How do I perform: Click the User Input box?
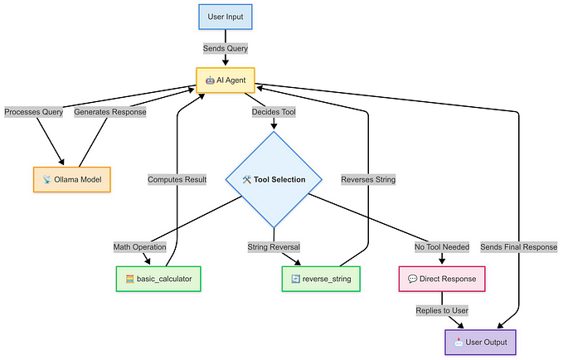point(226,17)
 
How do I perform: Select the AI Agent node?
point(226,80)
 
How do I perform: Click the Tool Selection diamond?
point(274,179)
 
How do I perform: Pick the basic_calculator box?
point(158,279)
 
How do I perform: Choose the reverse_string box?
point(322,279)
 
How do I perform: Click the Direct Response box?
point(441,279)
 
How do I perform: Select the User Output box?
point(479,341)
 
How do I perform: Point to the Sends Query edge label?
point(226,49)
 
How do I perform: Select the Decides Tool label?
point(274,112)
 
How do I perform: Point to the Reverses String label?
point(368,179)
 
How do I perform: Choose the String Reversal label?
point(274,246)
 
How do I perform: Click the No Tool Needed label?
point(441,246)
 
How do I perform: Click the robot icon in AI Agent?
point(211,80)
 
